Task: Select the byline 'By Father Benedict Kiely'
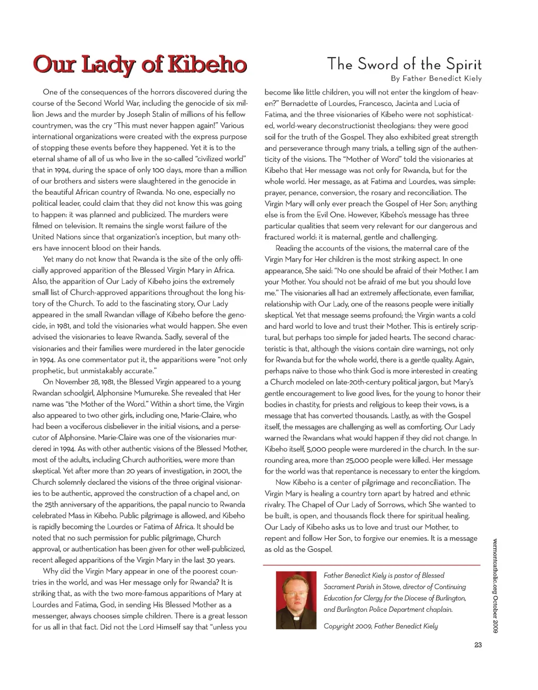coord(436,79)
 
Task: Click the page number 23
coord(478,645)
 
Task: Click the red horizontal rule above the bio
coord(371,564)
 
